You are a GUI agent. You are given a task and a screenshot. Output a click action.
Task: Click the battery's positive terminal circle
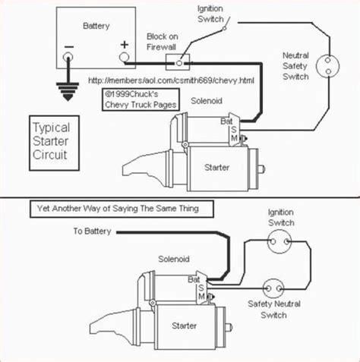[124, 57]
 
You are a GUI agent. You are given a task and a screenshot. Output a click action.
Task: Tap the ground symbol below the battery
[68, 91]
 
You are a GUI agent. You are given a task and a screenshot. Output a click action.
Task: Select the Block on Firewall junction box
[178, 62]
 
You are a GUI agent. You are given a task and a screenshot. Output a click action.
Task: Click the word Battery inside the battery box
[96, 26]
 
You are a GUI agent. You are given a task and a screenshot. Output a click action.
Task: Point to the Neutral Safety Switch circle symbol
[328, 66]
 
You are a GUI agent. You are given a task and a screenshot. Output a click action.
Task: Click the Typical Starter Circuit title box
[54, 143]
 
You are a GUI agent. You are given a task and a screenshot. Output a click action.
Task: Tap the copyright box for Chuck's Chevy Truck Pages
[141, 99]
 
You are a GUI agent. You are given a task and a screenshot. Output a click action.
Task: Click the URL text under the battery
[171, 80]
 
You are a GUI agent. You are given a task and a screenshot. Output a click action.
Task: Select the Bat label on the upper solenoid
[226, 121]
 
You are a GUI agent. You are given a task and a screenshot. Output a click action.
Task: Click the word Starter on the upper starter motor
[216, 168]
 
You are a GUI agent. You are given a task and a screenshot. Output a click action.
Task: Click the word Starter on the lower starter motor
[184, 326]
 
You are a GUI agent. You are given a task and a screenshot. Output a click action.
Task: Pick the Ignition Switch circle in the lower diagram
[279, 241]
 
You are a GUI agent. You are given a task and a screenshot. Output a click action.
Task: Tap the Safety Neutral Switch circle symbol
[273, 288]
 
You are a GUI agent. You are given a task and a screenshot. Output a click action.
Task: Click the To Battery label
[92, 231]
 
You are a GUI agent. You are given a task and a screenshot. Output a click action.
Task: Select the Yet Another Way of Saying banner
[122, 209]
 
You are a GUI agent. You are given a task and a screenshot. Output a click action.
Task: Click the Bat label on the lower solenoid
[194, 280]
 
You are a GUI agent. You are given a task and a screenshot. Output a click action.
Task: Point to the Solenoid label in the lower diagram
[174, 259]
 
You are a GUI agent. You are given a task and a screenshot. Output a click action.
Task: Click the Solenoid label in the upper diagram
[207, 101]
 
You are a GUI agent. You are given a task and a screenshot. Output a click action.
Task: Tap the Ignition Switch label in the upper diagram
[210, 14]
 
